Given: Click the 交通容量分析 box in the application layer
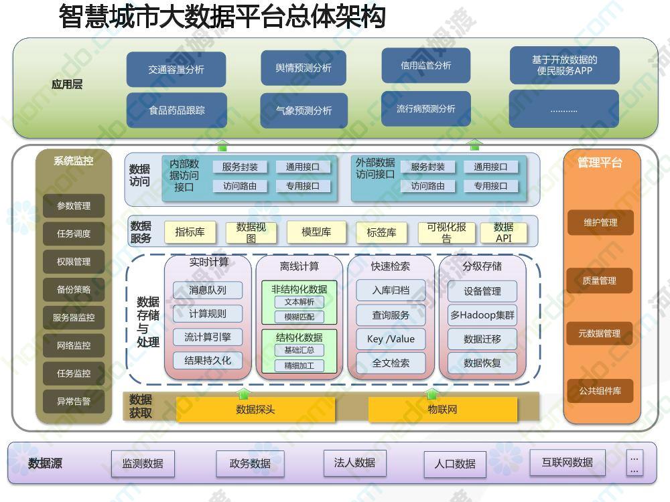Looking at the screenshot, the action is point(176,69).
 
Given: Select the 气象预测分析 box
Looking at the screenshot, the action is point(304,110).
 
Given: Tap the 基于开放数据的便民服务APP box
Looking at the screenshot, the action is point(564,66).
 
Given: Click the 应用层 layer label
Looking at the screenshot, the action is point(67,84).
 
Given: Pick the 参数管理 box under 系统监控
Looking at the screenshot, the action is point(74,205).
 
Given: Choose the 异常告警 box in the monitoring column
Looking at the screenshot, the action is point(74,401).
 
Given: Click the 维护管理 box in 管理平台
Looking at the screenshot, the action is point(600,222).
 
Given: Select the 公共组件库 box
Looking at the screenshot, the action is point(600,391).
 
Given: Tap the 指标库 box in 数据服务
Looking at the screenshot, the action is point(190,232).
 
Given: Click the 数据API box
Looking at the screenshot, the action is point(503,233).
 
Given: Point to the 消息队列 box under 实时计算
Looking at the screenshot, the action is point(208,290).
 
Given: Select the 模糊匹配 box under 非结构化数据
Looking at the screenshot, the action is point(299,317).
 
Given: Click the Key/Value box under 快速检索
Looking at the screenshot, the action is point(391,339).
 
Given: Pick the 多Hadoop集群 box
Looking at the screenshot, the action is point(482,315).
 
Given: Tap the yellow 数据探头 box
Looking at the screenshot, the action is point(255,410).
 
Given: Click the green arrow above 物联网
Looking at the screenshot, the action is point(431,393).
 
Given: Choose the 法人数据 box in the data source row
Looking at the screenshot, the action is point(354,463).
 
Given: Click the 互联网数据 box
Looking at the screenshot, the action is point(567,463).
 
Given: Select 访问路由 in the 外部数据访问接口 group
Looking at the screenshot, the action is point(427,186).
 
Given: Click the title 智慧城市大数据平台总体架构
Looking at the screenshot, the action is point(222,17).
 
